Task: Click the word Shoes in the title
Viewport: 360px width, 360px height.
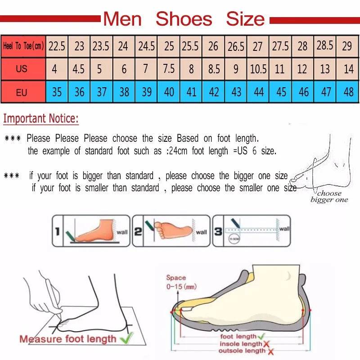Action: point(184,19)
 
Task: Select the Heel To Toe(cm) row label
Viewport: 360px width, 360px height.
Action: point(23,46)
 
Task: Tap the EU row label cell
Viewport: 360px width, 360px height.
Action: point(22,92)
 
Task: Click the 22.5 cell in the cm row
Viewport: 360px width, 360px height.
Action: point(57,46)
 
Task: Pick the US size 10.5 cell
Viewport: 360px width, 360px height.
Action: point(258,69)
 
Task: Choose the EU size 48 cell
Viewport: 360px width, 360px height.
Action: point(348,92)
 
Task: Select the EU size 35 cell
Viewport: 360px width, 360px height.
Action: point(57,92)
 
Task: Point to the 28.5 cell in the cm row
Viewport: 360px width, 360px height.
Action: point(325,45)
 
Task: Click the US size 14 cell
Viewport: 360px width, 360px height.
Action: point(348,69)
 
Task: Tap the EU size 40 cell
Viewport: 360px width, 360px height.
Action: point(169,92)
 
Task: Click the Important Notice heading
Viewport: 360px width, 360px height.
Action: point(41,119)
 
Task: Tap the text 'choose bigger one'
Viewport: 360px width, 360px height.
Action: point(329,197)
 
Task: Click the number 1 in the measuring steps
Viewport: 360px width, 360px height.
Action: point(57,232)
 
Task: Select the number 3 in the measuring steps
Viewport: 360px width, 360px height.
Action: point(217,232)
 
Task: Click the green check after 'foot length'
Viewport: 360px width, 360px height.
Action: point(261,336)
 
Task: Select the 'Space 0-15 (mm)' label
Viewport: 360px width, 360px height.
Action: point(180,282)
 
